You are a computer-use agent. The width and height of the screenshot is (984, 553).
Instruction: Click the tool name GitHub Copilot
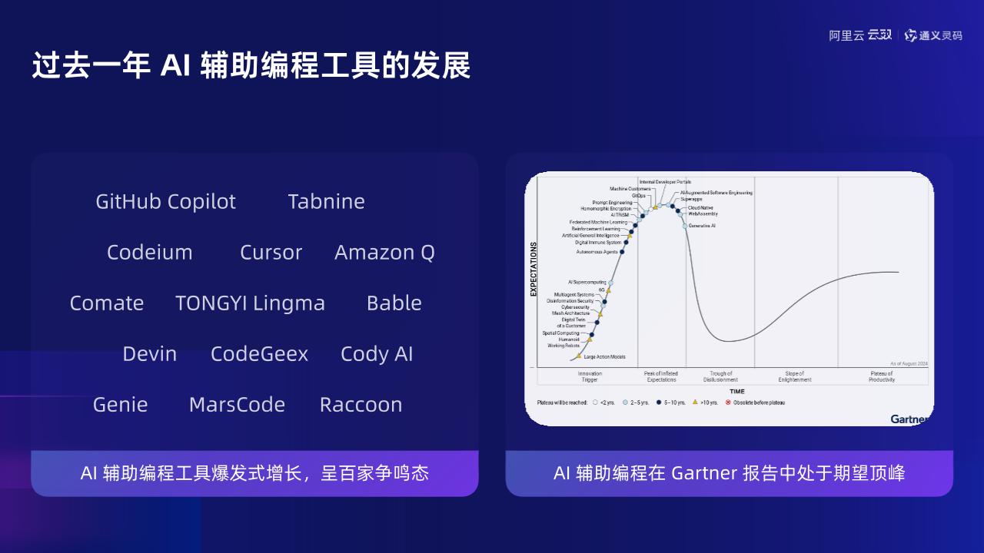pyautogui.click(x=165, y=201)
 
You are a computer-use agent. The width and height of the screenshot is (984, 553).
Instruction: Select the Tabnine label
pyautogui.click(x=326, y=201)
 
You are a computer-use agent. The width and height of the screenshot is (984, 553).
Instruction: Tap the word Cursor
pyautogui.click(x=271, y=252)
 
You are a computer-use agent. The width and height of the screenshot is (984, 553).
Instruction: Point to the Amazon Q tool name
pyautogui.click(x=384, y=252)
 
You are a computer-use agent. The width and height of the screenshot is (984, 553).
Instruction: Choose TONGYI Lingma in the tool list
pyautogui.click(x=250, y=303)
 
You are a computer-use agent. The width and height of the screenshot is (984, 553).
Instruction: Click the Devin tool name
pyautogui.click(x=149, y=353)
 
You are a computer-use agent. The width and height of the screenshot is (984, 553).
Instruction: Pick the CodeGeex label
pyautogui.click(x=259, y=353)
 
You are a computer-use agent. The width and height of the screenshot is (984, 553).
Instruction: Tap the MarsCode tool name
pyautogui.click(x=237, y=404)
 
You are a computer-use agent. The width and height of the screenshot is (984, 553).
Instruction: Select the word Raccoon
pyautogui.click(x=361, y=404)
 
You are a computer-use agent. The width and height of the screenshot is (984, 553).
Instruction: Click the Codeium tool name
pyautogui.click(x=149, y=252)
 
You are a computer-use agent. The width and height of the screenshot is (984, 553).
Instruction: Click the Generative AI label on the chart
pyautogui.click(x=702, y=226)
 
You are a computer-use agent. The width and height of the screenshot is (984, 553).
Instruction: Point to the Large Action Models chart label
pyautogui.click(x=604, y=357)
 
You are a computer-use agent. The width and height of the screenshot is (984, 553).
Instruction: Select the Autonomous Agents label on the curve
pyautogui.click(x=597, y=252)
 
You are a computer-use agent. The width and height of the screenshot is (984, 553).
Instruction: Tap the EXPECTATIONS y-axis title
pyautogui.click(x=534, y=270)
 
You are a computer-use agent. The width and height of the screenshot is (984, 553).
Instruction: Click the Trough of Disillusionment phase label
pyautogui.click(x=720, y=376)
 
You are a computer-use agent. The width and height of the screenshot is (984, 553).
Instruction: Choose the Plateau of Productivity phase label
pyautogui.click(x=881, y=376)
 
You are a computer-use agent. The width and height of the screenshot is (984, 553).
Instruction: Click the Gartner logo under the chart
pyautogui.click(x=909, y=419)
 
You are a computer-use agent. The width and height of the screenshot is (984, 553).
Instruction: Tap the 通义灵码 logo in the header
pyautogui.click(x=933, y=35)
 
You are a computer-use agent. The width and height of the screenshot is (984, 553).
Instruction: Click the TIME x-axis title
pyautogui.click(x=737, y=392)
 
